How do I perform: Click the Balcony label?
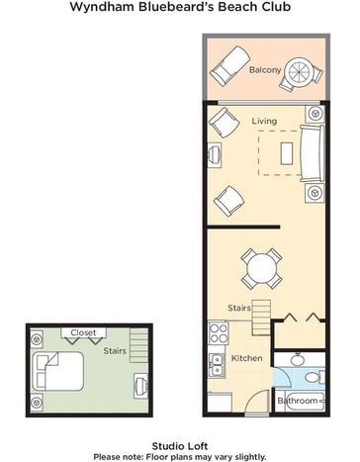tap(265, 70)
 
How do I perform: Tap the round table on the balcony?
tap(300, 72)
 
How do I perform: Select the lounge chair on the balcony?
tap(230, 66)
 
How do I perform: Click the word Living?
tap(264, 121)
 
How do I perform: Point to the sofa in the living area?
tap(312, 153)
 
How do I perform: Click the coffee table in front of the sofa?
tap(287, 153)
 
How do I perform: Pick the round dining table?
tap(262, 269)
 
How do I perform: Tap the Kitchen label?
tap(246, 358)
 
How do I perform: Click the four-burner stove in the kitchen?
tap(218, 333)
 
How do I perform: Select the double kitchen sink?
tap(217, 365)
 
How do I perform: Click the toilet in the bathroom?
tap(315, 377)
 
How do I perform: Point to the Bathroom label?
tap(298, 401)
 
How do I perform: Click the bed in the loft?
tap(58, 371)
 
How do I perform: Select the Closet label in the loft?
tap(83, 332)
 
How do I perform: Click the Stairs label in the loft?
tap(115, 351)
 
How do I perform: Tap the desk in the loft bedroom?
tap(140, 386)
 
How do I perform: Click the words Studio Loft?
tap(180, 446)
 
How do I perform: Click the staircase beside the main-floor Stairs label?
tap(261, 318)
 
